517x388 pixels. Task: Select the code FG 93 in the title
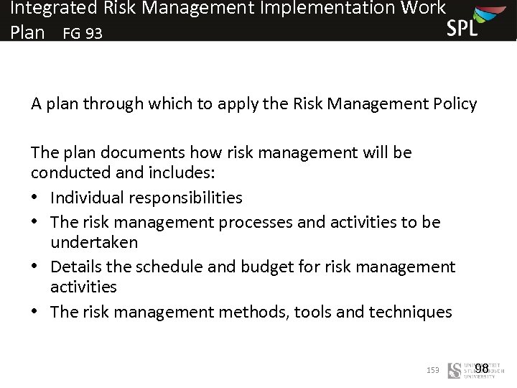[83, 34]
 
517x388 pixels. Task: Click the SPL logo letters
[462, 28]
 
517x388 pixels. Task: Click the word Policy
[455, 104]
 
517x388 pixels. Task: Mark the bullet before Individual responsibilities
[36, 198]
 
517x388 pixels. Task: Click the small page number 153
[432, 371]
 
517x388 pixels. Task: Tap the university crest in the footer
[455, 370]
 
